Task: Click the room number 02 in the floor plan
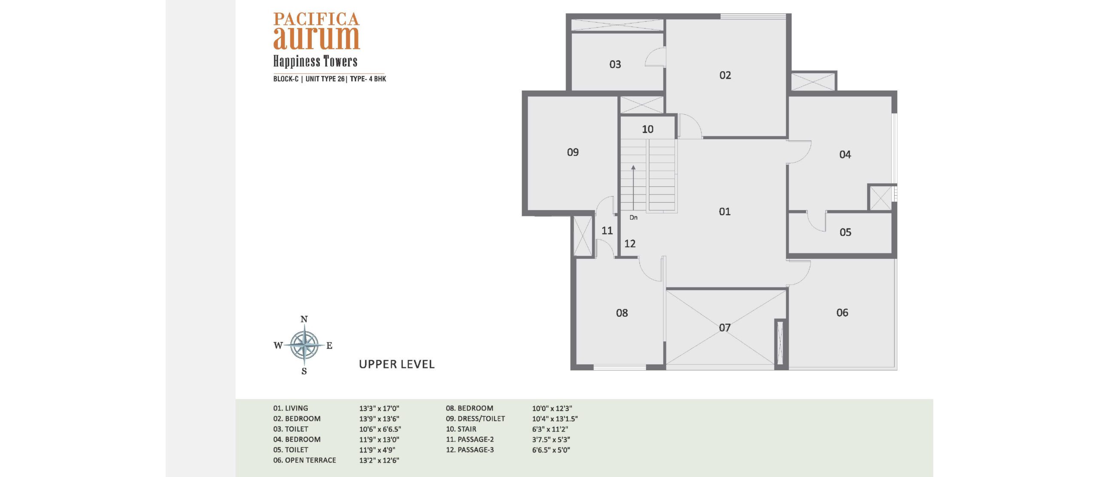pos(725,75)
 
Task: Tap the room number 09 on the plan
pos(573,152)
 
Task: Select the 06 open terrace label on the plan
pos(842,313)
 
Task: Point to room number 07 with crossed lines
pos(725,328)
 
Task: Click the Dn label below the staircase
pos(633,218)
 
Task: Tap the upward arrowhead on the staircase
pos(633,167)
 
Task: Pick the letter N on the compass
pos(304,319)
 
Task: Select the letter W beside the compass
pos(278,345)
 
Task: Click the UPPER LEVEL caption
pos(397,364)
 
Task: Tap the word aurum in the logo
pos(316,38)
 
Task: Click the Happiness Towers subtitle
pos(316,61)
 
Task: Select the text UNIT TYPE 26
pos(325,79)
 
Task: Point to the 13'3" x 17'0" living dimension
pos(379,408)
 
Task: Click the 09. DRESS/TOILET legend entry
pos(475,419)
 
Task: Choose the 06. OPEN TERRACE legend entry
pos(304,460)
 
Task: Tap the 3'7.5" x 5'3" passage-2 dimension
pos(551,440)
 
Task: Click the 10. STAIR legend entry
pos(461,429)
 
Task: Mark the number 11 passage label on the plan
pos(607,231)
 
